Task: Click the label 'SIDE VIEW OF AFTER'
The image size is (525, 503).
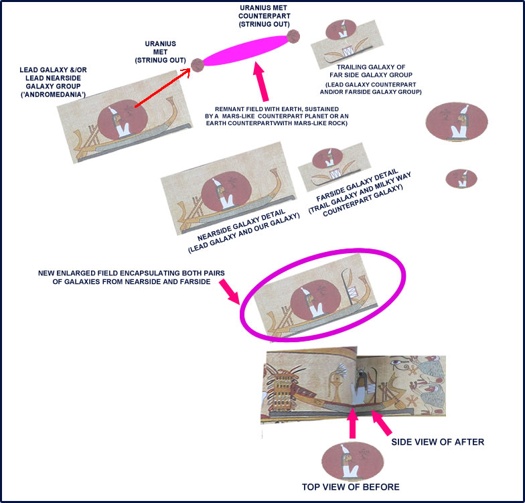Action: click(438, 442)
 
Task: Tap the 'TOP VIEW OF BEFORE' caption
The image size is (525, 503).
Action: click(351, 487)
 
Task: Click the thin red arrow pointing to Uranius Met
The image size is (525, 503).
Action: click(162, 87)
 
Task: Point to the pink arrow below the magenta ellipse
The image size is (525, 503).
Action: click(261, 82)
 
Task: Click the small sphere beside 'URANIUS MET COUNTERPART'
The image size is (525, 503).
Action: click(293, 36)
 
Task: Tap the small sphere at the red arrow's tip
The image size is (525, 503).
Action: click(197, 64)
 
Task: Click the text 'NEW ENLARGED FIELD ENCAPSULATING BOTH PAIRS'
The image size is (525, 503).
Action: click(131, 273)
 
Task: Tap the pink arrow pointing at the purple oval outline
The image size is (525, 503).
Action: click(229, 292)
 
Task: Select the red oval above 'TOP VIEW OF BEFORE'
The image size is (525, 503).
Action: click(352, 460)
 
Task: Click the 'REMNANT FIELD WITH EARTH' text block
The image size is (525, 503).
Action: click(277, 117)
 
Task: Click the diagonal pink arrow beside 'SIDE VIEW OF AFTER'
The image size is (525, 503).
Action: click(381, 422)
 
